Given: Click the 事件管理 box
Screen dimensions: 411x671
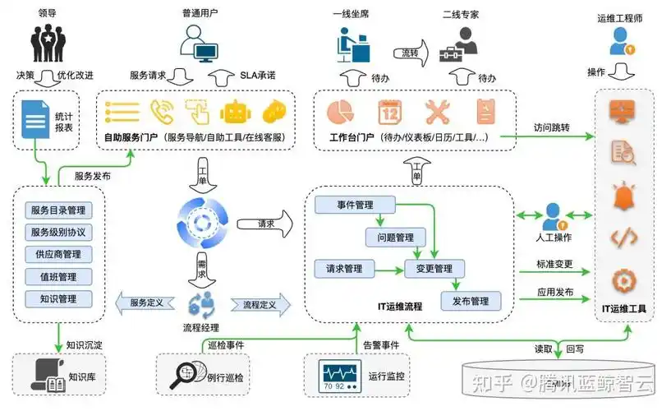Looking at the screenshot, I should pos(356,204).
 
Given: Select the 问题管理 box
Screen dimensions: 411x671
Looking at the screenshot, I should pos(394,238).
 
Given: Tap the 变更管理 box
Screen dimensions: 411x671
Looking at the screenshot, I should pos(434,268).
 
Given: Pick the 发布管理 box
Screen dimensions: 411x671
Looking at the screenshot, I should pos(471,301).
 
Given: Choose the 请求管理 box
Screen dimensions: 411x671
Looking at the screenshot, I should pos(344,268).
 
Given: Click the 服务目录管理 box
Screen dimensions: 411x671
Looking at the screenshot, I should pos(57,210).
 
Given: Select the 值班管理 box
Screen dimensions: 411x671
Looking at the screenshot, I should pos(57,276).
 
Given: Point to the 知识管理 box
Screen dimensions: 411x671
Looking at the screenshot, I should pos(57,298).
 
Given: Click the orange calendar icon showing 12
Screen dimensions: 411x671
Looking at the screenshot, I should pos(388,111).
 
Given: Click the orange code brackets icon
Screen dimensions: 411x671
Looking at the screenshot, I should pos(623,238).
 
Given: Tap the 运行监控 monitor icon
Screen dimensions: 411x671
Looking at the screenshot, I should pos(338,376).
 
